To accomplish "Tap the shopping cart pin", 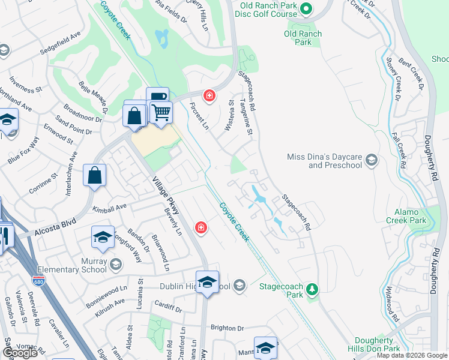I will tap(160, 112).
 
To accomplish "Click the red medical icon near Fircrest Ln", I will tap(209, 95).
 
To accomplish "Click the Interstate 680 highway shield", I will tap(37, 280).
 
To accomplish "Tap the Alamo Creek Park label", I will tap(410, 217).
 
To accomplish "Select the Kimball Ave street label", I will tap(110, 207).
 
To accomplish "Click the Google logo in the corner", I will tap(20, 353).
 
